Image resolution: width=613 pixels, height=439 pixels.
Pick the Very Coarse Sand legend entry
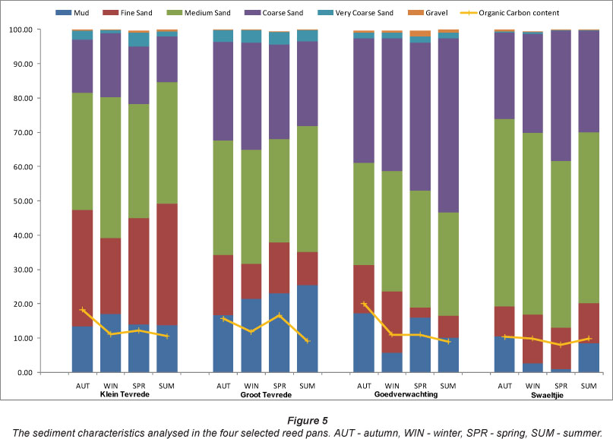(x=364, y=13)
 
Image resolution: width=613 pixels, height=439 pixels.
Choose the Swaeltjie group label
(x=548, y=395)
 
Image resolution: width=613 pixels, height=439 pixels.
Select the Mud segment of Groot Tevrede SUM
(x=307, y=328)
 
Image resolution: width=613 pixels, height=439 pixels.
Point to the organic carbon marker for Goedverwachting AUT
(x=364, y=304)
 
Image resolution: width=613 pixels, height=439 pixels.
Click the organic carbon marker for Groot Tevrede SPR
(x=279, y=315)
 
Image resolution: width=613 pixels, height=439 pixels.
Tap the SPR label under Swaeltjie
(x=561, y=386)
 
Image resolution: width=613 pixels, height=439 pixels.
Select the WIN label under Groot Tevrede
(x=251, y=386)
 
